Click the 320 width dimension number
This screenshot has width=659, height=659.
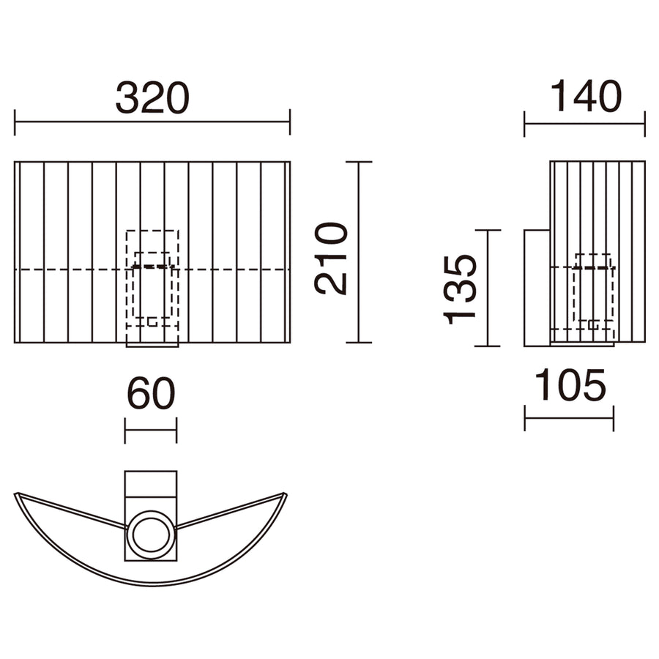[x=152, y=98]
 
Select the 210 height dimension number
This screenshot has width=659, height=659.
[x=331, y=258]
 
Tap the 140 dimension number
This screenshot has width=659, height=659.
[x=586, y=96]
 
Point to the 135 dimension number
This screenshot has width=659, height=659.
[x=461, y=289]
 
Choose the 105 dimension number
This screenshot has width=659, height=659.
[x=570, y=384]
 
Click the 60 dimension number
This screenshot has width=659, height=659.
[x=151, y=393]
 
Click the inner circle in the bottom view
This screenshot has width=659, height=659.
[x=151, y=535]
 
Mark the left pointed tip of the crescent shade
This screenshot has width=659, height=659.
[x=15, y=494]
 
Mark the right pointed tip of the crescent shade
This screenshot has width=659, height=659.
[x=286, y=494]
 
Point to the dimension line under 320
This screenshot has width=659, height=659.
[x=152, y=122]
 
